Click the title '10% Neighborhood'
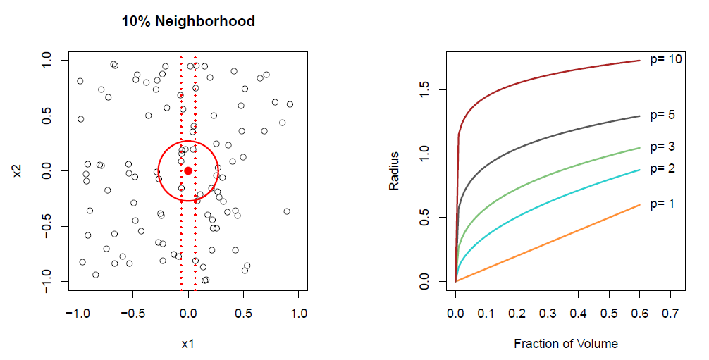(x=188, y=21)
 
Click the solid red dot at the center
(x=188, y=170)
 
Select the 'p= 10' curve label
(x=665, y=60)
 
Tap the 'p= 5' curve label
(x=662, y=115)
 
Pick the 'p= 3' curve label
(x=662, y=147)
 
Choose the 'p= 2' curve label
(x=662, y=168)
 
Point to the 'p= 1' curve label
(x=662, y=204)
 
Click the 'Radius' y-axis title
(x=395, y=170)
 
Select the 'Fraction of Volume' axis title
(x=566, y=344)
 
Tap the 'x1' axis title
(x=187, y=344)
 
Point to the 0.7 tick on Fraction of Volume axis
(x=670, y=311)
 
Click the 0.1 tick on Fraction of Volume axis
(x=486, y=311)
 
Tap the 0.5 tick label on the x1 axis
(x=243, y=311)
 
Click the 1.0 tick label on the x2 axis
(x=47, y=61)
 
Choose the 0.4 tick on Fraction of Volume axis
(x=578, y=311)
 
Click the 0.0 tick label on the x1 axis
(x=188, y=311)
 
